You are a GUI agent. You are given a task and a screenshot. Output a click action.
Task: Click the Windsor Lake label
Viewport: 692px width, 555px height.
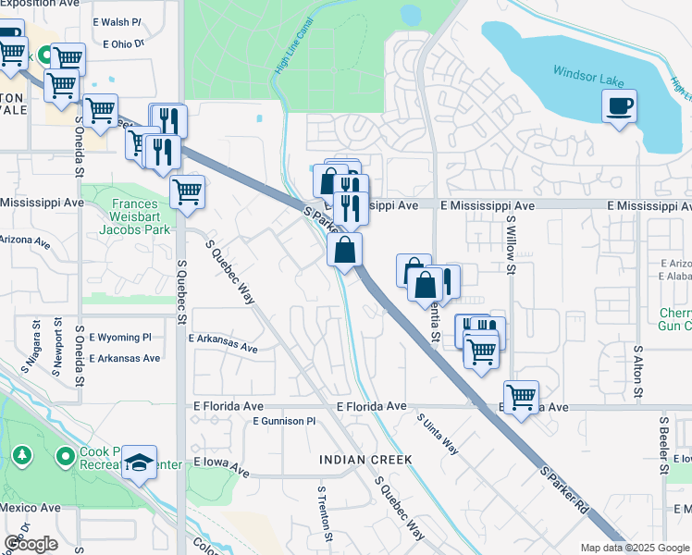(588, 72)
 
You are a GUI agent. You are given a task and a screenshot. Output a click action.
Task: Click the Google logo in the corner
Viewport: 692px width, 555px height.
(30, 544)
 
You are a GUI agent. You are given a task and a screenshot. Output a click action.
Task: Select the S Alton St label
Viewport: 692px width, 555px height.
(637, 374)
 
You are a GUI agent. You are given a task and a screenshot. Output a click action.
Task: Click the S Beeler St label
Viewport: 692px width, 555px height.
(664, 445)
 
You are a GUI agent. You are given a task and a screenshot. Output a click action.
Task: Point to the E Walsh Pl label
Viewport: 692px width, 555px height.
(117, 20)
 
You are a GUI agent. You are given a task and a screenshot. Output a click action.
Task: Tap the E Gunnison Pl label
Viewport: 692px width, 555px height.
(285, 421)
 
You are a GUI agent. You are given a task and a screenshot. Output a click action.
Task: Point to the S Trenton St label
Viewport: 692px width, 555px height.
(324, 513)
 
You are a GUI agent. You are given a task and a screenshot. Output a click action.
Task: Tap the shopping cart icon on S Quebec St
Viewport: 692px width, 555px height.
(187, 192)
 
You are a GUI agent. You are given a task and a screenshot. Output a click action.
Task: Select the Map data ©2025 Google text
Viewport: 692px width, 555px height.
(635, 548)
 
